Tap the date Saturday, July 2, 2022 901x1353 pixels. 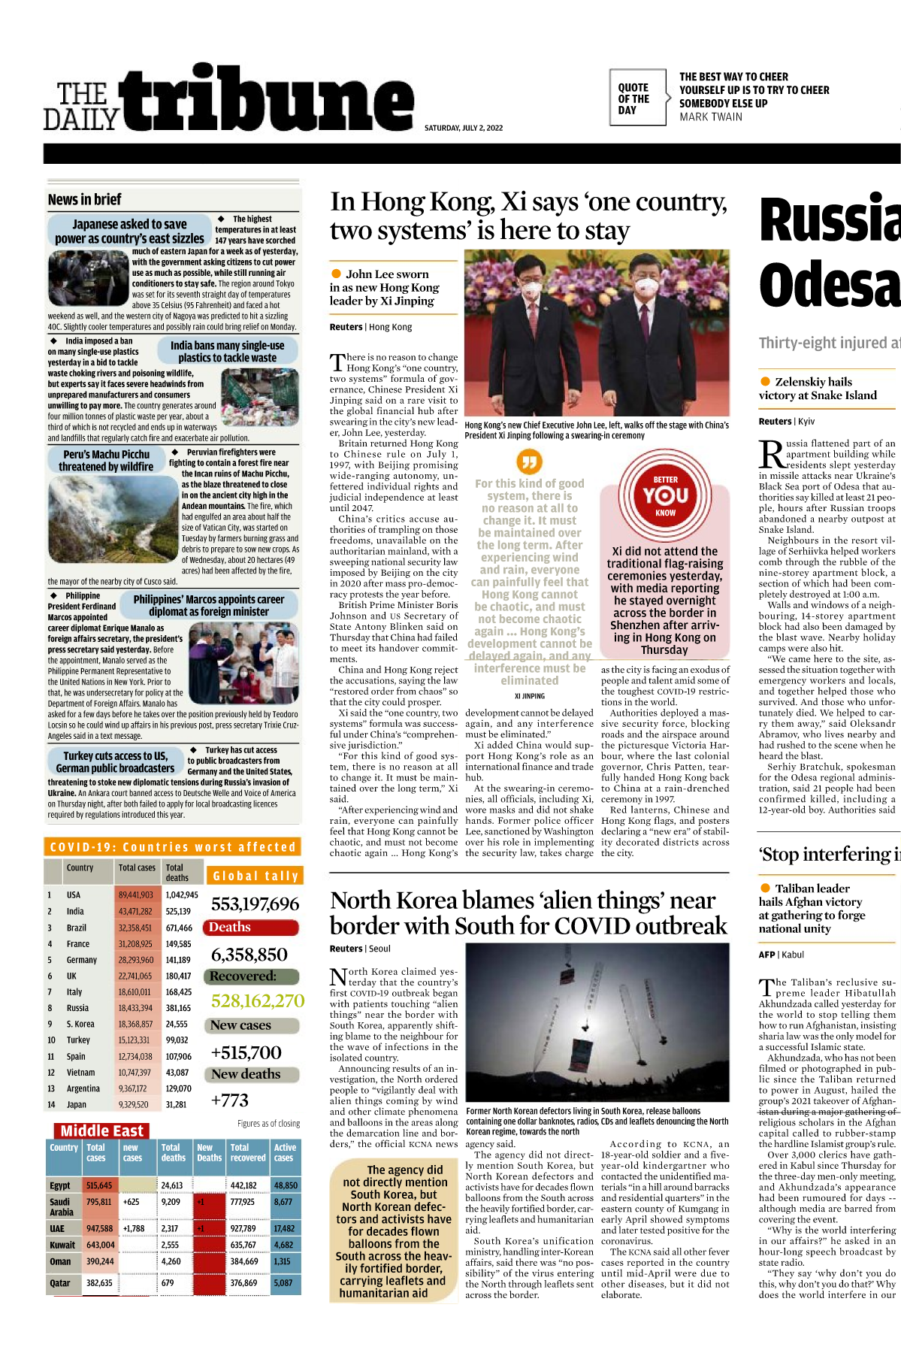[463, 129]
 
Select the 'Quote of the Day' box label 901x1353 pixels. [633, 98]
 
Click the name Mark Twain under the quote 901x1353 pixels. [710, 117]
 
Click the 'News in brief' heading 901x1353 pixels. [84, 200]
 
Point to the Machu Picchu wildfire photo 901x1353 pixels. [113, 519]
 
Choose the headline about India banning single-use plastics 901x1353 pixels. [227, 352]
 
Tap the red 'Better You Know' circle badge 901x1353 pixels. [665, 495]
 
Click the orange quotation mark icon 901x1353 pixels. [529, 461]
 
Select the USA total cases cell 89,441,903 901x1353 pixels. [135, 895]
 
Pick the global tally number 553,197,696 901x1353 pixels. [255, 904]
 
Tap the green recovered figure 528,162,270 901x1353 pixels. [257, 1001]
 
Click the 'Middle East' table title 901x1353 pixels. [101, 1131]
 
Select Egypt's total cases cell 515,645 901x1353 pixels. [99, 1185]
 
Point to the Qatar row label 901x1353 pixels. [60, 1283]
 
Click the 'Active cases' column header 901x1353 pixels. [285, 1152]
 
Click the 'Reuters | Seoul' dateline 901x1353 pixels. [360, 949]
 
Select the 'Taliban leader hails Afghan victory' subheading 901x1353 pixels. [812, 908]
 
